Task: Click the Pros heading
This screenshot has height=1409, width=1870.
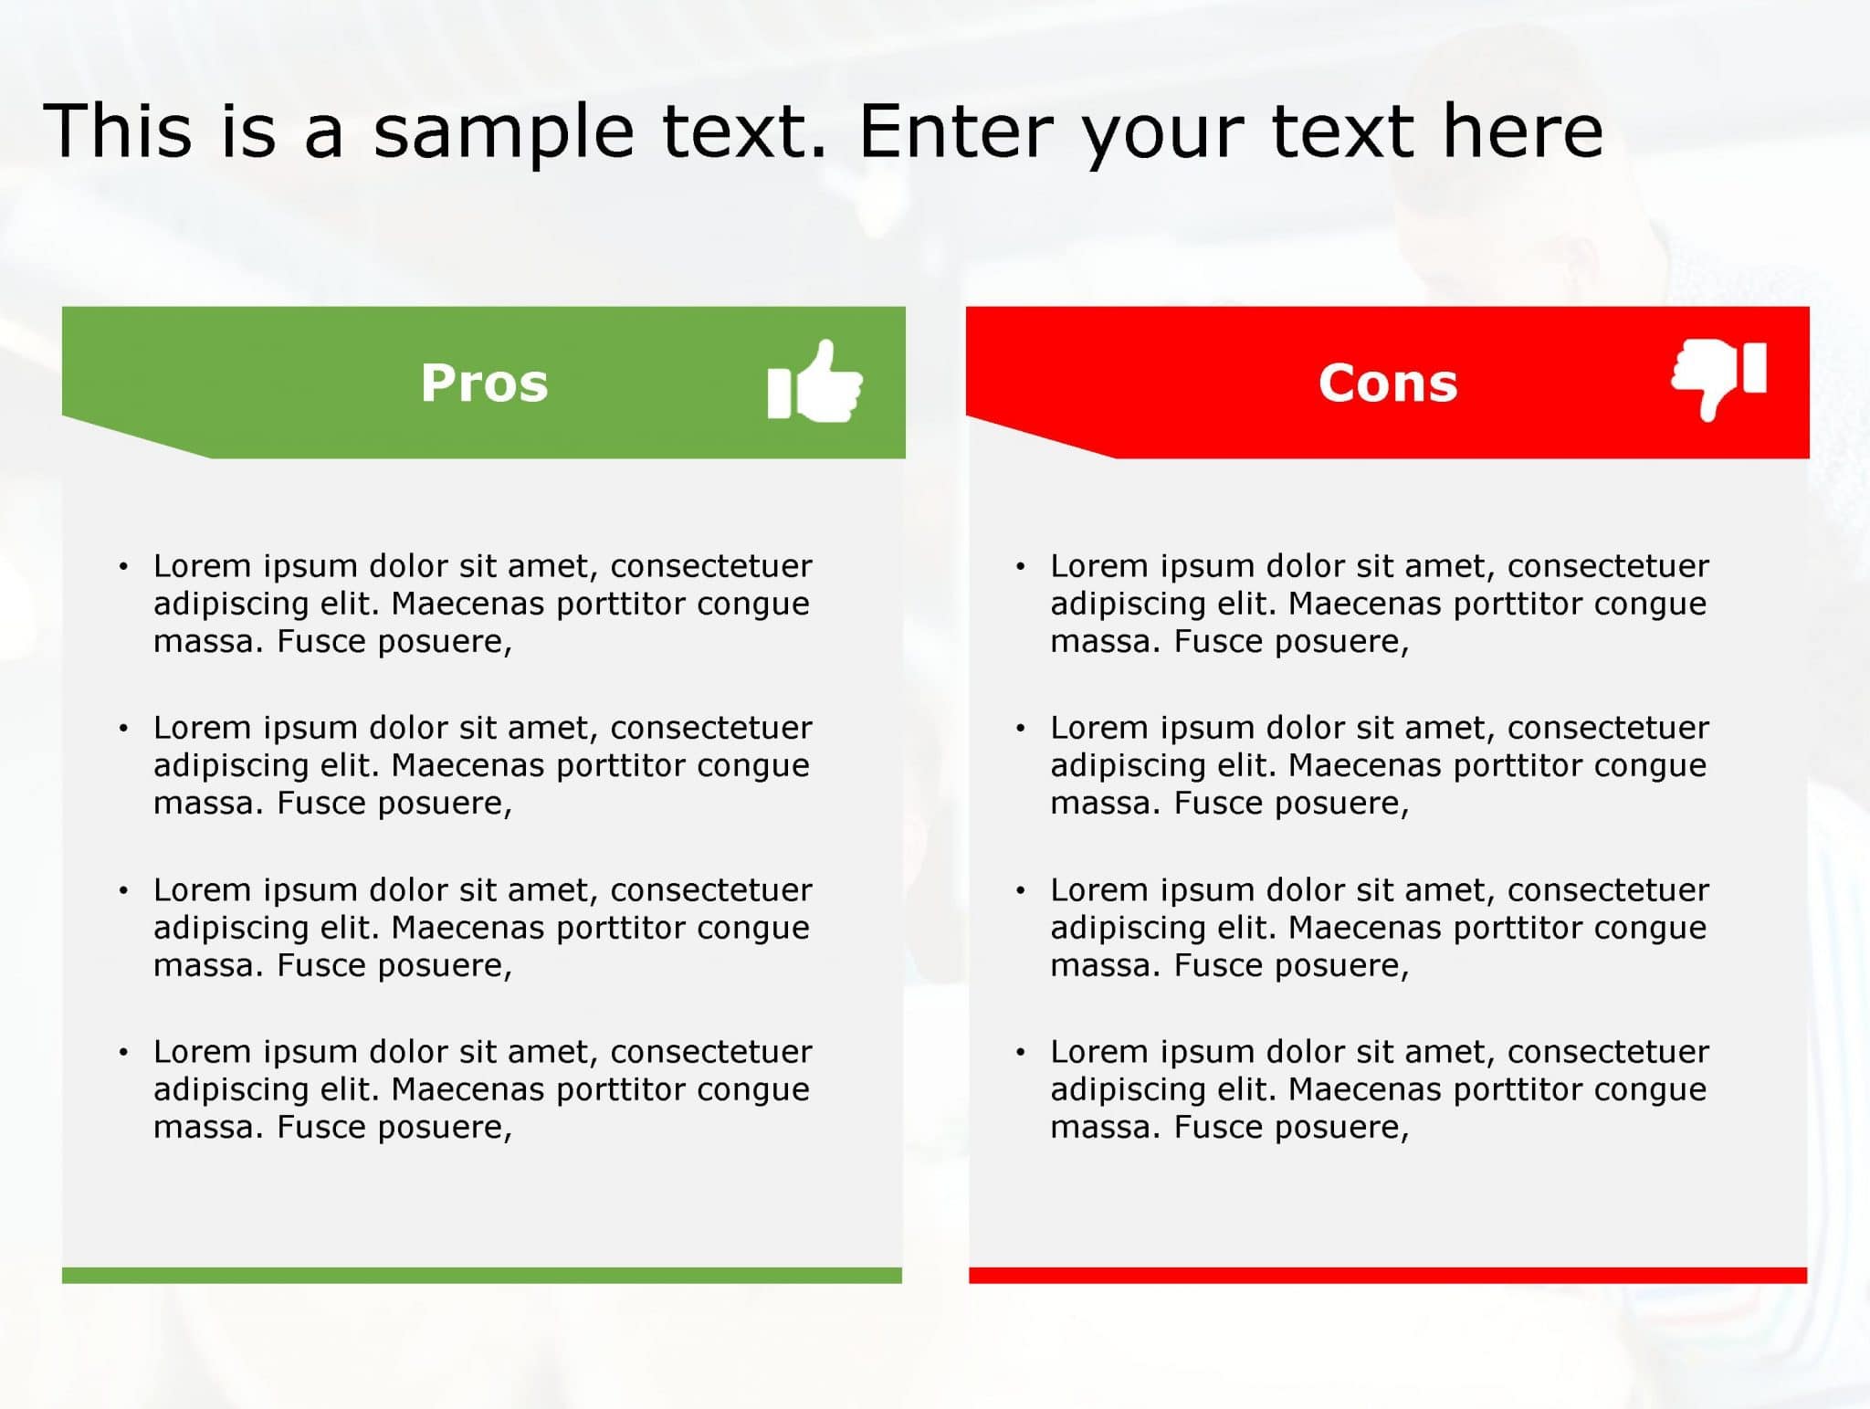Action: tap(484, 383)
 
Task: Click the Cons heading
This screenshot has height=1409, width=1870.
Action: tap(1387, 383)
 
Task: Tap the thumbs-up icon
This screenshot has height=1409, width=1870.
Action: tap(814, 382)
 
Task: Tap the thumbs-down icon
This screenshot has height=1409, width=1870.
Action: tap(1718, 379)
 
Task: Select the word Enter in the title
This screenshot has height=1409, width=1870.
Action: tap(956, 131)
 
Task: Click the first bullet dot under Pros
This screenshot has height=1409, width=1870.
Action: tap(123, 567)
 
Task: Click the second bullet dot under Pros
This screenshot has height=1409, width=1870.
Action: tap(123, 729)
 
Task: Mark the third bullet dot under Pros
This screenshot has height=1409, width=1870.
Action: tap(123, 891)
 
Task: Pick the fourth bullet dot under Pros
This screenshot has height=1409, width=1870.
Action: tap(123, 1053)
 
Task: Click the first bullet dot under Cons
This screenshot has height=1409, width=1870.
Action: tap(1020, 567)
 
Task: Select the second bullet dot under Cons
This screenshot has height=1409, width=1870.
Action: tap(1020, 729)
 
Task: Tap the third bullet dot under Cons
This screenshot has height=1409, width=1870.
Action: tap(1020, 891)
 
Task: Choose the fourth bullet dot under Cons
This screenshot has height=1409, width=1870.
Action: tap(1020, 1053)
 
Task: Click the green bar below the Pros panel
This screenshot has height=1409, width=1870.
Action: tap(482, 1275)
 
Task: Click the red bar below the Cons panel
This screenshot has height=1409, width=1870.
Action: tap(1387, 1275)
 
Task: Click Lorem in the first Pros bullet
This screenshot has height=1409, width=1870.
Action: tap(202, 566)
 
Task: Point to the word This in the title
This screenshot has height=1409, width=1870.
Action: tap(117, 131)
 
